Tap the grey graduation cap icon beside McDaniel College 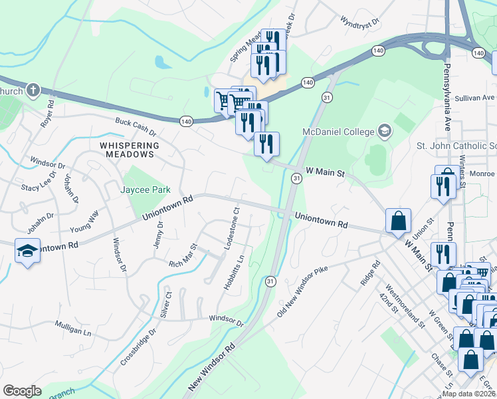383,130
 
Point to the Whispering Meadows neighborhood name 130,150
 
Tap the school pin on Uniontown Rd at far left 27,251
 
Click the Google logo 22,391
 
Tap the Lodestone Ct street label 233,228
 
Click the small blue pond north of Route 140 161,63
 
